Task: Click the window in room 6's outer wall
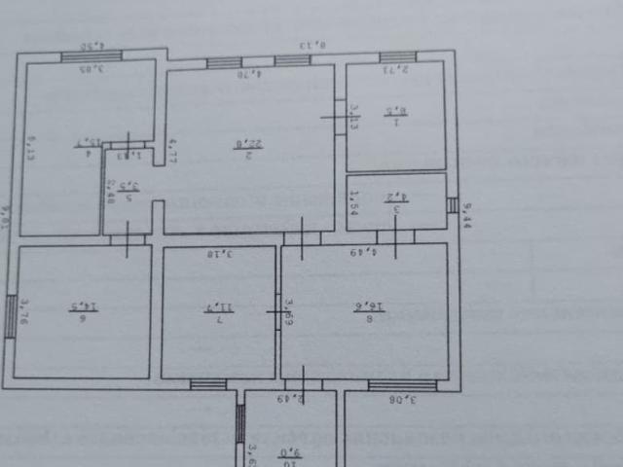11,316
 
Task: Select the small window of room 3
452,204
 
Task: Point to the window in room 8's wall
395,385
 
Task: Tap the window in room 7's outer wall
207,384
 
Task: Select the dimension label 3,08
407,399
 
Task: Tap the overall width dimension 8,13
311,44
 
